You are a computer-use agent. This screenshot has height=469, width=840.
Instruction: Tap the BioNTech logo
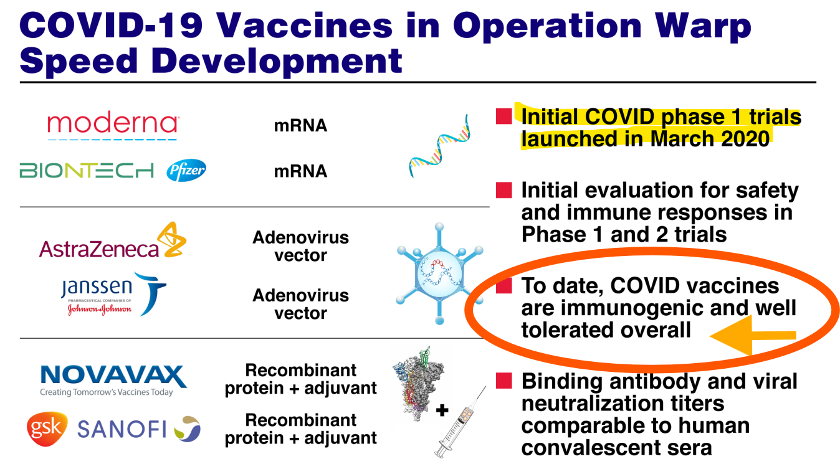(87, 171)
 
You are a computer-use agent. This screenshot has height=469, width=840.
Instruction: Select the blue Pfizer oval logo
(186, 170)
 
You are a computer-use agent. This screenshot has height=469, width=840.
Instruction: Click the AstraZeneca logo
(113, 240)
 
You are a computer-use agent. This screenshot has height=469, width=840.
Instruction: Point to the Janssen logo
(113, 295)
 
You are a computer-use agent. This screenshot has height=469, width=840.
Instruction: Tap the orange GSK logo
(47, 429)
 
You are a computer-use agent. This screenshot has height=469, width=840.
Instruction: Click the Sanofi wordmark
(122, 429)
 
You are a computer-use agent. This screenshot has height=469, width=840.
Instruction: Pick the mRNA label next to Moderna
(300, 126)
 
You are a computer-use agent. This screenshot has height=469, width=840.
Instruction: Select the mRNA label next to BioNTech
(300, 171)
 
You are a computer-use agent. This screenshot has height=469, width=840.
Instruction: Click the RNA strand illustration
(439, 146)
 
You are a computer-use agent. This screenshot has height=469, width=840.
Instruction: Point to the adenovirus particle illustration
(439, 273)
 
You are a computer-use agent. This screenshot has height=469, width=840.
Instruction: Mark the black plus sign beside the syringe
(442, 410)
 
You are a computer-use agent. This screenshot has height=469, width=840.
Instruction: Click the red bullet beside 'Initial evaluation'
(504, 190)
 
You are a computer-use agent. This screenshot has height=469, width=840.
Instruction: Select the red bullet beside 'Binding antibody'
(504, 381)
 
